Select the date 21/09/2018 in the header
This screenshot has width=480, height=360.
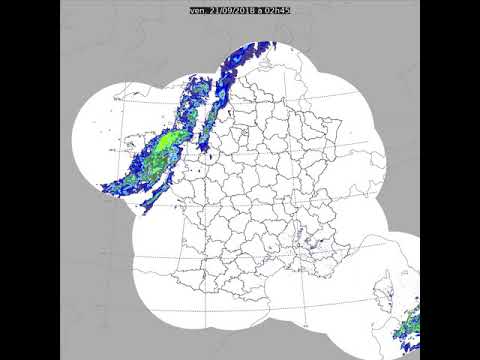232,10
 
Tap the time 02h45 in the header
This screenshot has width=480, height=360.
277,10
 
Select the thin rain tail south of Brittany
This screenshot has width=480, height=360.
149,200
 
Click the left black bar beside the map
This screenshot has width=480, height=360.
30,180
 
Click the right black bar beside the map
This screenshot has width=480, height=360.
450,180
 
